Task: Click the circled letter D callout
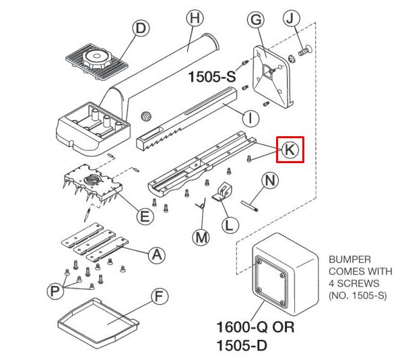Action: [141, 28]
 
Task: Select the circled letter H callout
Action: [195, 18]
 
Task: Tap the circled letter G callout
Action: [256, 20]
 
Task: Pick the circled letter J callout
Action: [291, 19]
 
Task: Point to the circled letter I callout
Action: [251, 118]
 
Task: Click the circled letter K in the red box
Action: [290, 150]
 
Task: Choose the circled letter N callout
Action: [270, 181]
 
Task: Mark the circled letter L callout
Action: [230, 225]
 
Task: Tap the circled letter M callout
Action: [201, 237]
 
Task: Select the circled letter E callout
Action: [145, 216]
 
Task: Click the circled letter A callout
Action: [157, 255]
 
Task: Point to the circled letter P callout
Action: [55, 291]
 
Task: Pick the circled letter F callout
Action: [160, 297]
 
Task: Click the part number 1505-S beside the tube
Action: [212, 77]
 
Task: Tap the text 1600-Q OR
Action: [255, 327]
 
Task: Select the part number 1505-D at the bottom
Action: [242, 346]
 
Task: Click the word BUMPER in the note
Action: [349, 260]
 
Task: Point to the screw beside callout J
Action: [305, 51]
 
